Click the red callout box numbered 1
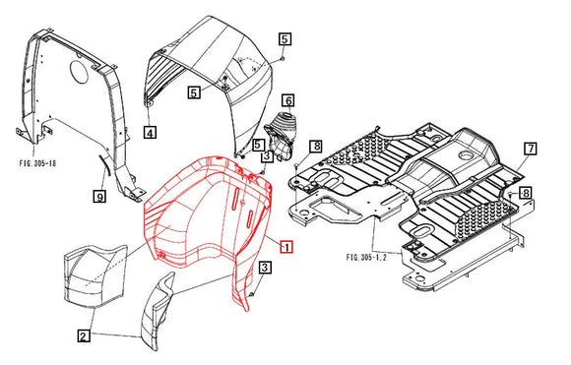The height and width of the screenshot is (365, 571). coord(286,248)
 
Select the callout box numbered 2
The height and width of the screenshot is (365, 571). coord(84,335)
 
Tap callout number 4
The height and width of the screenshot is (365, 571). coord(150,133)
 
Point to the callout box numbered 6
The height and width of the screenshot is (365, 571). coord(288,100)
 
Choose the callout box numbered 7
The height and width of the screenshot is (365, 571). coord(531,149)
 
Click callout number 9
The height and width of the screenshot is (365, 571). coord(99,197)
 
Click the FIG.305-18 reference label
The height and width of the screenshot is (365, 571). coord(37,162)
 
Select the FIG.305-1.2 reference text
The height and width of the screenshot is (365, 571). coord(366,258)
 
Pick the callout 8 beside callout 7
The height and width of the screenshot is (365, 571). coord(526,193)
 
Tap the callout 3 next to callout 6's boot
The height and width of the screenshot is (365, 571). coord(267,156)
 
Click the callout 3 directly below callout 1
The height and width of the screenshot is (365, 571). coord(265,268)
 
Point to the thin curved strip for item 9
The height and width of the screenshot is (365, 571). coord(104,168)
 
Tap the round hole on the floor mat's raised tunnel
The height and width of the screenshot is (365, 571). coord(466,154)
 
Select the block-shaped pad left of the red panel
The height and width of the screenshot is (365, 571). coord(95,274)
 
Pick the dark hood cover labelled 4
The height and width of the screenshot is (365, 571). coord(210,84)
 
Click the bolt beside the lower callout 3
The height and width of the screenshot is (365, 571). coord(252,292)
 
